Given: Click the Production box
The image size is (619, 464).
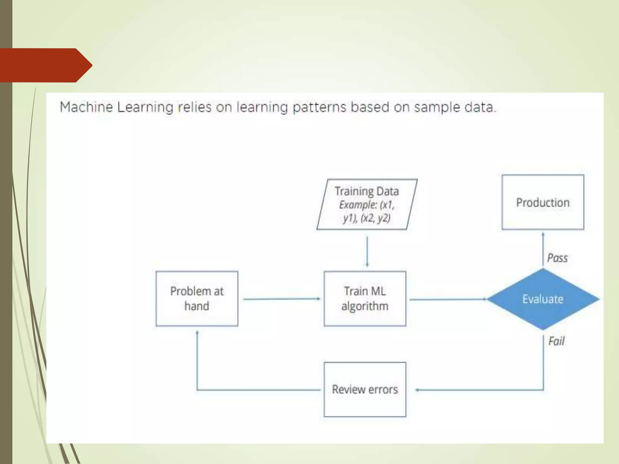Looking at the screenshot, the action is (x=543, y=202).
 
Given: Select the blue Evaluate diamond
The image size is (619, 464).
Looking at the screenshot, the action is (x=543, y=299).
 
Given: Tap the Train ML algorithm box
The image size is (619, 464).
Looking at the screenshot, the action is (x=365, y=298).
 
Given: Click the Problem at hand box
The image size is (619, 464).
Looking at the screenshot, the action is (x=197, y=298).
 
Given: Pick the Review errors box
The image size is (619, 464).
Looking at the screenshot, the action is (x=365, y=389).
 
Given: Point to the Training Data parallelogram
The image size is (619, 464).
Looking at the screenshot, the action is (x=367, y=204).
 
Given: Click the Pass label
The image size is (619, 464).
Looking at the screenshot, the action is (x=557, y=258).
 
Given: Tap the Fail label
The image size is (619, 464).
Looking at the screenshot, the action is (x=556, y=341).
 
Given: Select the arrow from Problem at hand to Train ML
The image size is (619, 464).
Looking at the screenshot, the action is (x=281, y=299).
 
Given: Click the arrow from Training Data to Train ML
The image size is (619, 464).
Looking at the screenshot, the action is (x=367, y=251).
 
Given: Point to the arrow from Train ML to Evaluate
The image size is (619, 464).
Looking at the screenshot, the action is (x=447, y=299).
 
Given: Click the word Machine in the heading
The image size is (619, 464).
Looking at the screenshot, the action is (x=86, y=107).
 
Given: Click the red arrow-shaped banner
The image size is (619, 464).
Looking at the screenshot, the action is (x=45, y=65).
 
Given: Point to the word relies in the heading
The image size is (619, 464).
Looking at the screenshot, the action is (x=195, y=107).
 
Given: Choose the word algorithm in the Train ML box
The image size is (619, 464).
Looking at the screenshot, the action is (x=365, y=306).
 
